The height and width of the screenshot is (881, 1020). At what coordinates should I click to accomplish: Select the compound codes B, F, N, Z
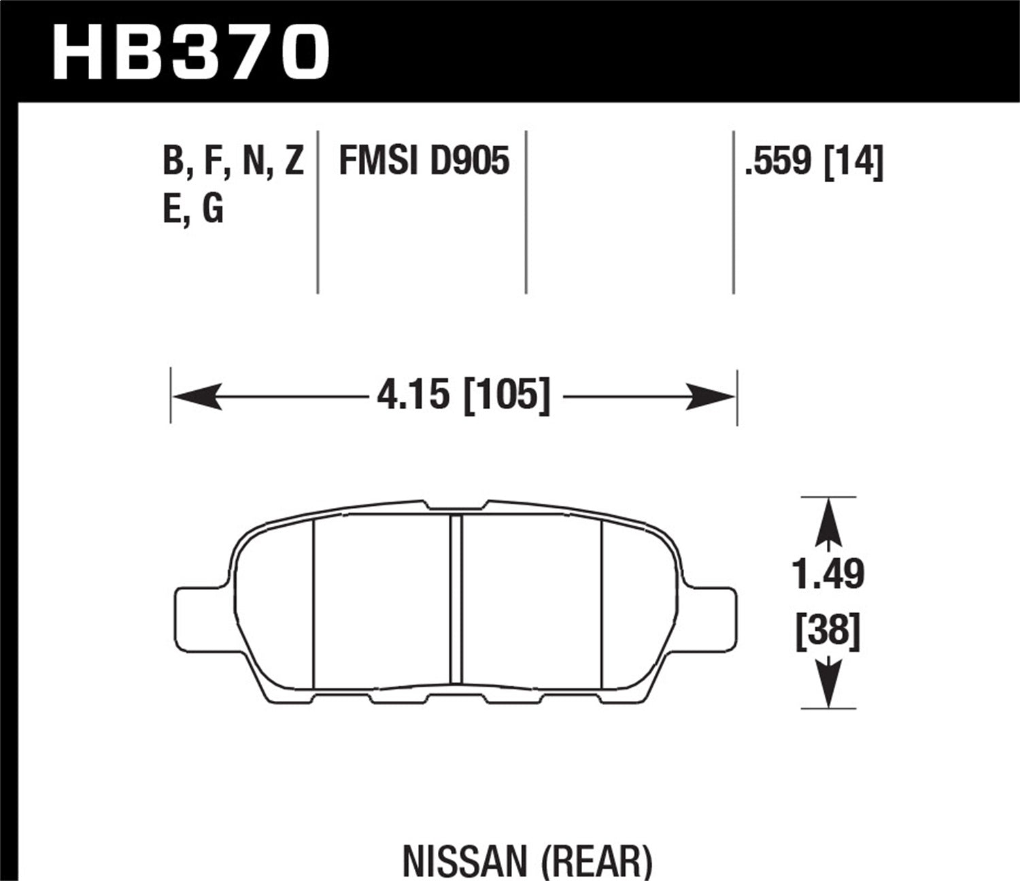(233, 162)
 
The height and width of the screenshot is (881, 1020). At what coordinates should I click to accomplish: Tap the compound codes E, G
(193, 209)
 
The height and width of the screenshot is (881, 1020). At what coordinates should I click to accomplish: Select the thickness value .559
(779, 162)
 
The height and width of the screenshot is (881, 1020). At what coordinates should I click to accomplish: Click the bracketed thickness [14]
(853, 162)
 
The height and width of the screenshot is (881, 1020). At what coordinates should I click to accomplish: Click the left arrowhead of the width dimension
(197, 396)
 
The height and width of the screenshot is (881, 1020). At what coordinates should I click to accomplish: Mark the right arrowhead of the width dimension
(711, 396)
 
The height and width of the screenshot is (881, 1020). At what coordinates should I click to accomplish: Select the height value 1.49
(828, 575)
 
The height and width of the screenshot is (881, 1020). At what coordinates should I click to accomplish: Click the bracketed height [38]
(828, 631)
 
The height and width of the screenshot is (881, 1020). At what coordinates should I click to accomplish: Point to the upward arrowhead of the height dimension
(828, 520)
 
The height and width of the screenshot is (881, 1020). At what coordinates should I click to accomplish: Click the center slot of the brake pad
(456, 598)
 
